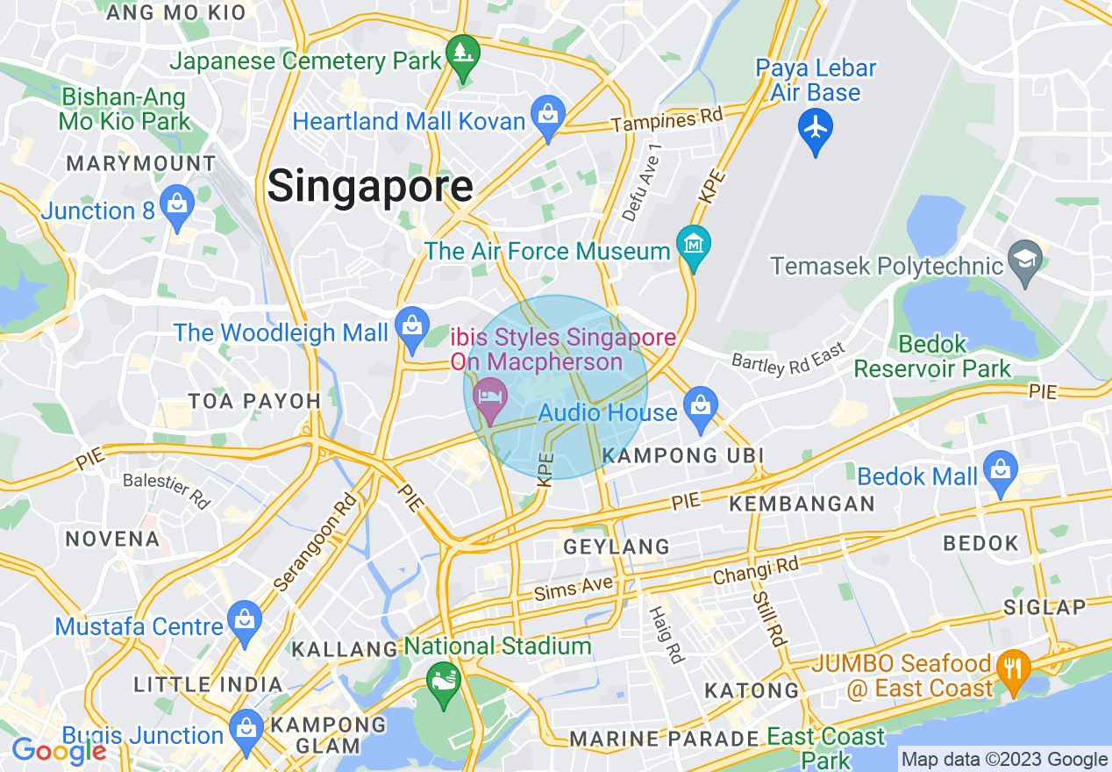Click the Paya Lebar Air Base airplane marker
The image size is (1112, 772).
pos(816,129)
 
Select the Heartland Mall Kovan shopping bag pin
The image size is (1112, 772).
pos(548,116)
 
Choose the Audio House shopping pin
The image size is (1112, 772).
pos(700,406)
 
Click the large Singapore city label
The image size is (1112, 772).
pos(370,187)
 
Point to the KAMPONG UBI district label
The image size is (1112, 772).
pos(683,455)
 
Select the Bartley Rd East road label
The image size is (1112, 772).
pos(788,359)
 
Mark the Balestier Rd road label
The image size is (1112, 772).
pos(167,490)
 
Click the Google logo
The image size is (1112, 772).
pos(59,750)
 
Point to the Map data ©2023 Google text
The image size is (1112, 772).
pos(1005,760)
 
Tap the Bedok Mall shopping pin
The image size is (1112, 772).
pos(1000,470)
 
